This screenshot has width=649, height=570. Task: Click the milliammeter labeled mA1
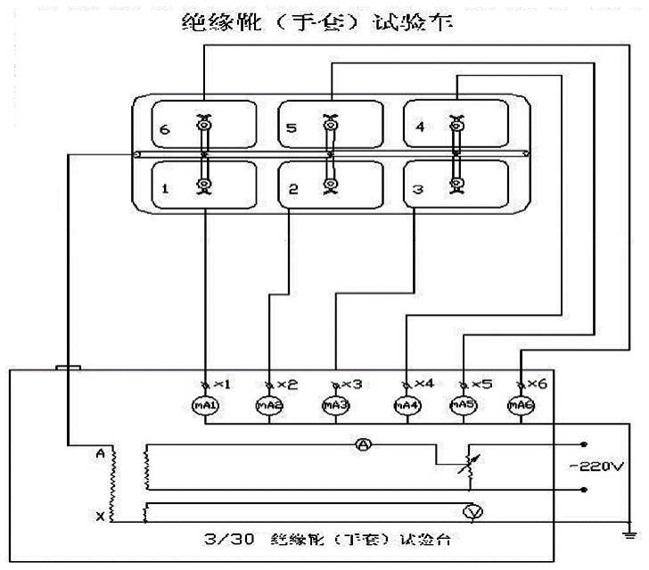coord(206,407)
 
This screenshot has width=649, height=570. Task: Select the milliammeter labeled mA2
coord(269,407)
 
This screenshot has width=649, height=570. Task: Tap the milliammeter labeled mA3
coord(333,407)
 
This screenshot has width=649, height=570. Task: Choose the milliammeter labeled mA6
coord(521,407)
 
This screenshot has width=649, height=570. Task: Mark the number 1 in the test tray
coord(166,189)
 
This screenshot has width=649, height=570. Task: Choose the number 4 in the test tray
coord(420,127)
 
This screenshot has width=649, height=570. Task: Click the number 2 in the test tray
coord(292,190)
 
